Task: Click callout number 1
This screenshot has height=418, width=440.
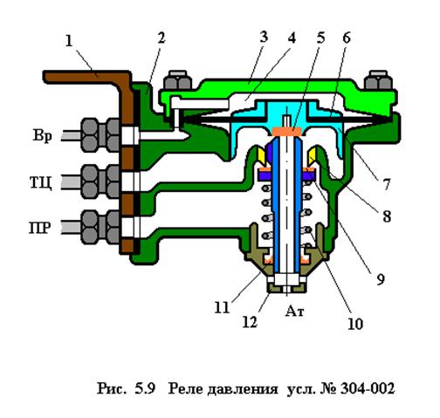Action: point(69,41)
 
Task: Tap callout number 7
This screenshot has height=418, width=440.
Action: point(386,184)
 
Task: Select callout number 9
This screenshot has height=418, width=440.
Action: point(381,279)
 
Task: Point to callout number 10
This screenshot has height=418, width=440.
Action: point(355,324)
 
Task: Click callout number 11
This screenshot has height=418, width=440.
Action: point(222,307)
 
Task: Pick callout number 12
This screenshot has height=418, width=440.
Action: point(250,322)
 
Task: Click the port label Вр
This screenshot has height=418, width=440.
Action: point(43,135)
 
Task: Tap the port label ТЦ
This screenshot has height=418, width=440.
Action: point(41,182)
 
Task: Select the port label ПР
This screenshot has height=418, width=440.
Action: point(40,228)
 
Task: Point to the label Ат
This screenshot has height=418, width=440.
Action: point(294,312)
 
